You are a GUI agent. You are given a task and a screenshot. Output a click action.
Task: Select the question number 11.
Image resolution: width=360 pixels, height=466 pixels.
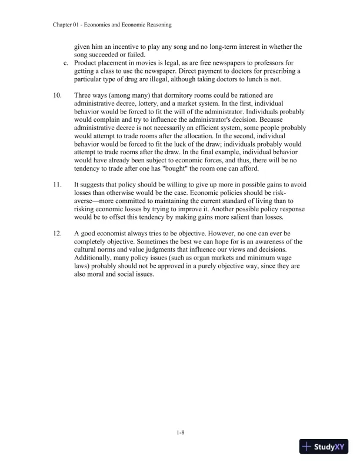[58, 185]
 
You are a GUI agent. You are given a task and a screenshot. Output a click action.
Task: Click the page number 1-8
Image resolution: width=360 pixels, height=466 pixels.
[180, 433]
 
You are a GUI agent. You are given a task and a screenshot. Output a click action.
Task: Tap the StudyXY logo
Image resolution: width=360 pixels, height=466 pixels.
[324, 447]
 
